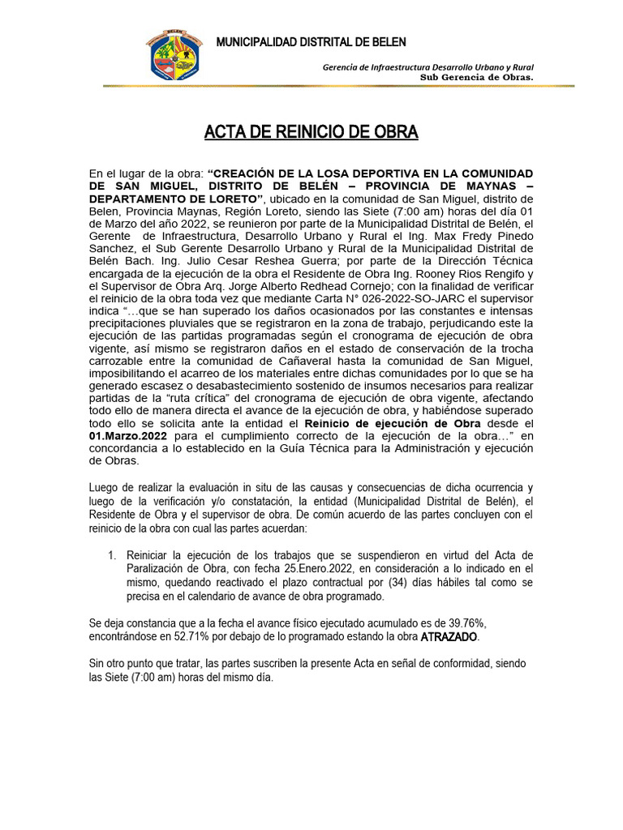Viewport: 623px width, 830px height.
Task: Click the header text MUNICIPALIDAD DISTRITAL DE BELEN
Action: click(311, 42)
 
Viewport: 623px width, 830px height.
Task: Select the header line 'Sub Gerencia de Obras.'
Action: click(475, 77)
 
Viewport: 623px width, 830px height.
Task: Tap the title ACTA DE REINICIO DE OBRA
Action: click(311, 132)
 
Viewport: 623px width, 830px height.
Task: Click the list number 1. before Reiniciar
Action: click(113, 554)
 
